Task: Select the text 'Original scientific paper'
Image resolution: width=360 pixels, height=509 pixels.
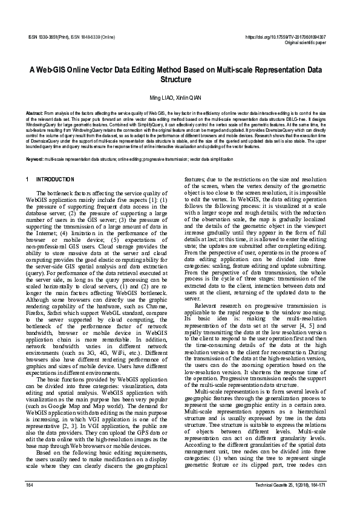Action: click(305, 43)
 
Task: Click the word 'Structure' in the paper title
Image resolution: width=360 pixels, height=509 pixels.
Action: click(180, 79)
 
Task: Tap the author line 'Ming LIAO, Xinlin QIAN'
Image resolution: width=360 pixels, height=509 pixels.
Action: click(180, 99)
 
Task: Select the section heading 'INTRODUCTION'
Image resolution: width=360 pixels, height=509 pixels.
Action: click(56, 180)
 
